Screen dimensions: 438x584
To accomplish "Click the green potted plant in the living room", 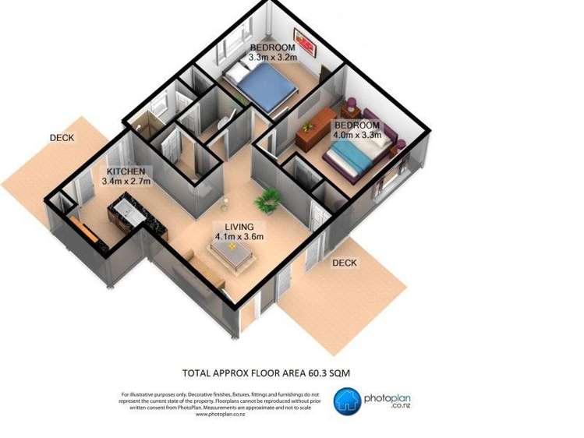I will pyautogui.click(x=270, y=200).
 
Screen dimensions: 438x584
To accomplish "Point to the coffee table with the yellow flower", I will pyautogui.click(x=232, y=251).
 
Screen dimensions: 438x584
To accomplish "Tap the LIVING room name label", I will pyautogui.click(x=239, y=227).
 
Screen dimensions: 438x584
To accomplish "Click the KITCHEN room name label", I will pyautogui.click(x=126, y=171).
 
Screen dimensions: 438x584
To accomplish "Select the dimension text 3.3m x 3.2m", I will pyautogui.click(x=272, y=57).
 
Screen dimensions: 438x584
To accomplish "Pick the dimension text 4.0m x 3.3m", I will pyautogui.click(x=358, y=135).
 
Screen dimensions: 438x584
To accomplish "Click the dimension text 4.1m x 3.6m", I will pyautogui.click(x=239, y=237).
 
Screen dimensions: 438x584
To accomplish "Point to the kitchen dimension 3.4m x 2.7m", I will pyautogui.click(x=126, y=182).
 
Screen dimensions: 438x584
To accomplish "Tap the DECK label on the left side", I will pyautogui.click(x=62, y=138).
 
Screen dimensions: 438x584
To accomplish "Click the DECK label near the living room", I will pyautogui.click(x=344, y=263).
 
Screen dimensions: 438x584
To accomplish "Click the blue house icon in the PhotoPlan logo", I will pyautogui.click(x=348, y=401).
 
